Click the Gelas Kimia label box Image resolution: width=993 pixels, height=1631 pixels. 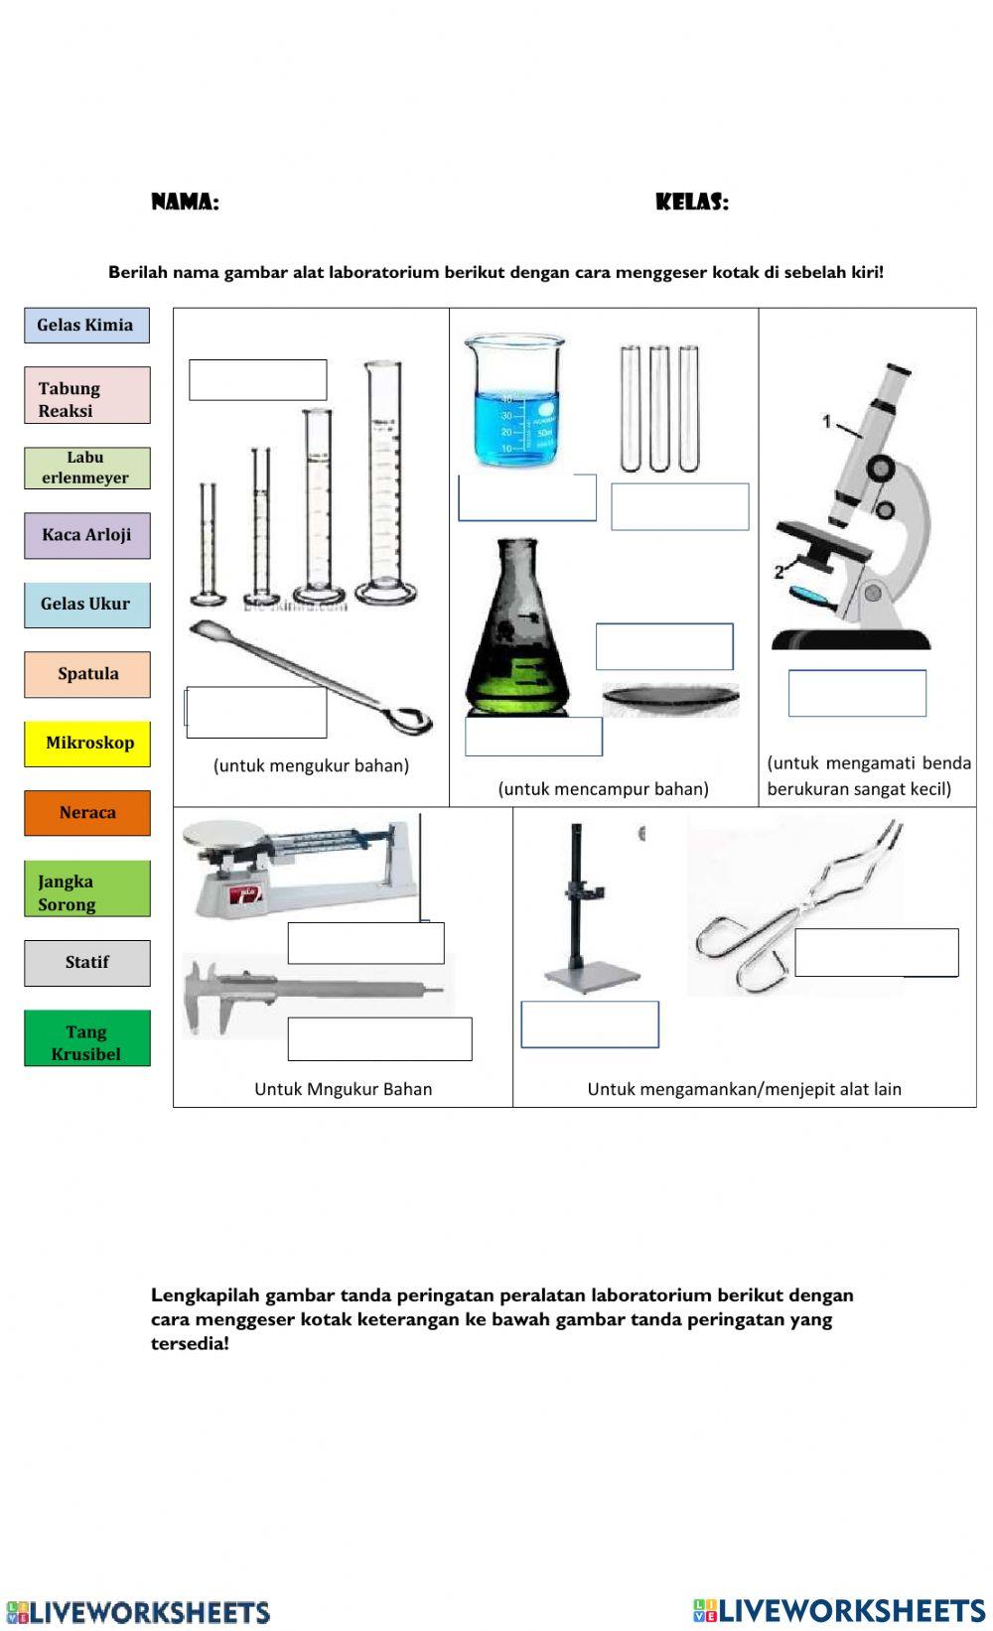[x=86, y=326]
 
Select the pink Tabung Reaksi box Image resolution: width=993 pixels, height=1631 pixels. [x=86, y=396]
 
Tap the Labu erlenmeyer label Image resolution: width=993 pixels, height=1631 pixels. [x=86, y=468]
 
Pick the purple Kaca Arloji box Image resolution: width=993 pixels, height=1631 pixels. [x=86, y=535]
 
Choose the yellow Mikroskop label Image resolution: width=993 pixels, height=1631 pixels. [x=86, y=744]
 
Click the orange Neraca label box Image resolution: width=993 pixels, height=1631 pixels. [x=86, y=813]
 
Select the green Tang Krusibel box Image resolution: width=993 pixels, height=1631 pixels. [x=86, y=1038]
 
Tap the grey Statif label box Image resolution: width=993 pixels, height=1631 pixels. [x=86, y=963]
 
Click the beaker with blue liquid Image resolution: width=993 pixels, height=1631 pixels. [x=513, y=402]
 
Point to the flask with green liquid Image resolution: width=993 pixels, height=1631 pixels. [x=517, y=635]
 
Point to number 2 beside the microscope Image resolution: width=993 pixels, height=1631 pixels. [x=779, y=572]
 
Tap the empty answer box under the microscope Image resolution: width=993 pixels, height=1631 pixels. [x=856, y=693]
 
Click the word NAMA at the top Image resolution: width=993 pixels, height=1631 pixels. [x=185, y=203]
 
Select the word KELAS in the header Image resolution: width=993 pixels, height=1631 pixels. [x=691, y=203]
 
